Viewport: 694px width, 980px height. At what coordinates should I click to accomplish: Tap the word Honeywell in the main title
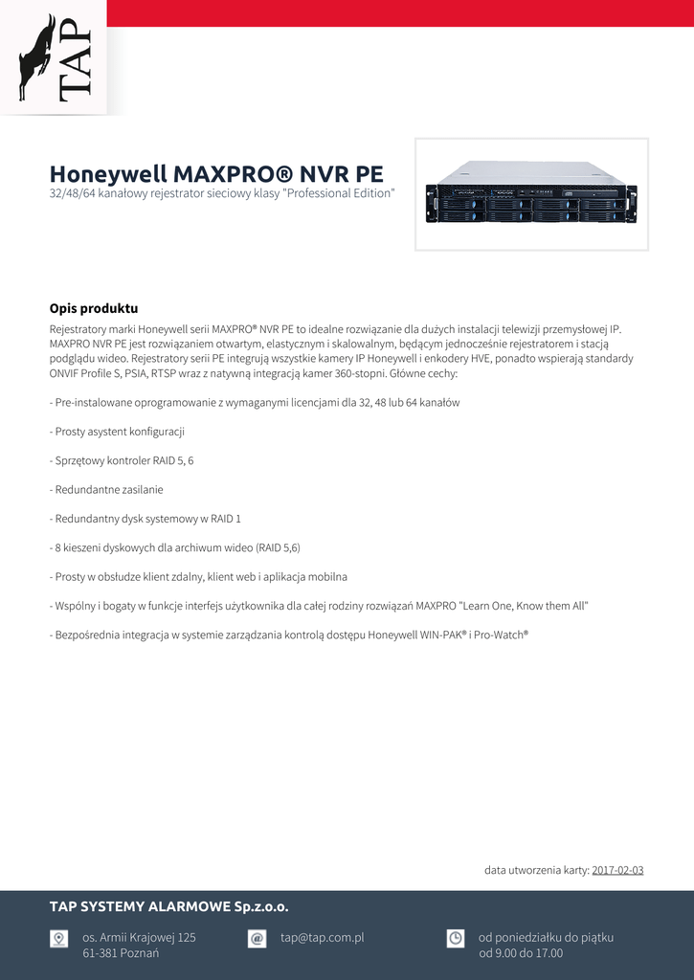click(x=107, y=174)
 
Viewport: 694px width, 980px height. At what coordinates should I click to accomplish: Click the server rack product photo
click(x=531, y=194)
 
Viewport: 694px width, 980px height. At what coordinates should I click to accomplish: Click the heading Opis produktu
click(x=94, y=308)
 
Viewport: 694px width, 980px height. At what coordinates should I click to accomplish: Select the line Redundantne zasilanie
click(x=106, y=489)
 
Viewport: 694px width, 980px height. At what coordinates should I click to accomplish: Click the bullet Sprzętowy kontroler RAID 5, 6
click(x=122, y=460)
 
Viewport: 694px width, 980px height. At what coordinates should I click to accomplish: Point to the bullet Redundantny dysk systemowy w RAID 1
click(x=146, y=519)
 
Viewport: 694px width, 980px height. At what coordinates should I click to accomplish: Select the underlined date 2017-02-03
click(x=617, y=870)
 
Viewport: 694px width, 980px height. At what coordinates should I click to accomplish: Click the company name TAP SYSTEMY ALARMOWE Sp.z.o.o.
click(x=169, y=906)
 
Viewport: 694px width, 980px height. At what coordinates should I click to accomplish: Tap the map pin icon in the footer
click(x=59, y=939)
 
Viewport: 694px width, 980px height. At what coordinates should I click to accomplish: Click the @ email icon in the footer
click(x=257, y=939)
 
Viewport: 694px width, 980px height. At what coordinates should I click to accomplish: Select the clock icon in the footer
click(x=456, y=939)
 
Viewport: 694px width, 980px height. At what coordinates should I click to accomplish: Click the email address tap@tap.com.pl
click(x=322, y=938)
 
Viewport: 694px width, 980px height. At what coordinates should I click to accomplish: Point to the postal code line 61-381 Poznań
click(x=121, y=953)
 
